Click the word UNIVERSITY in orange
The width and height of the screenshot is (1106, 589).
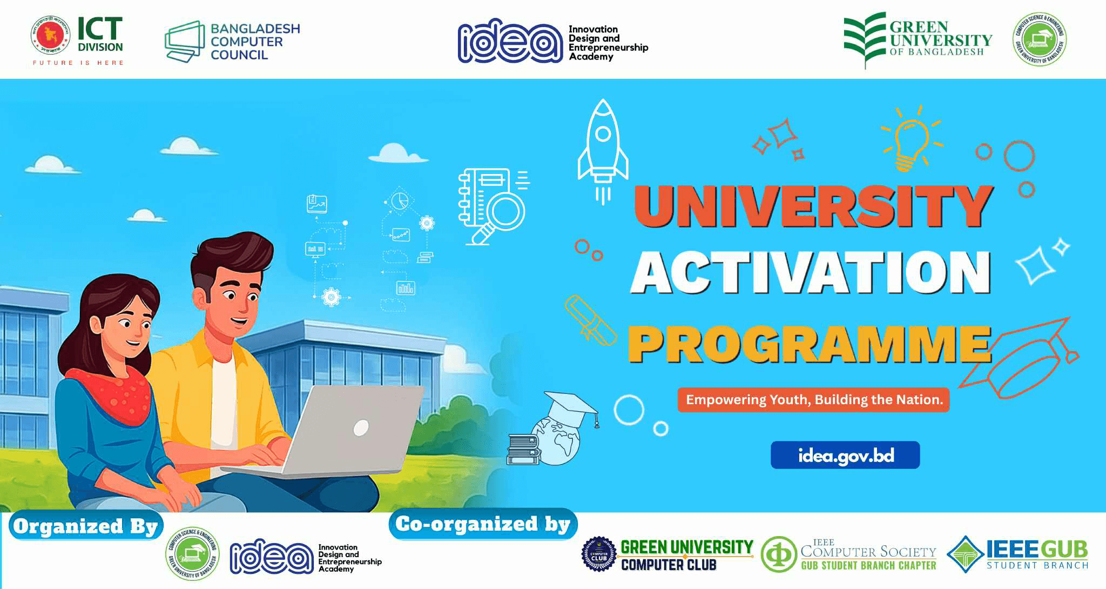click(x=813, y=206)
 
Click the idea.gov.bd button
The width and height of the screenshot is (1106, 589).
click(x=845, y=456)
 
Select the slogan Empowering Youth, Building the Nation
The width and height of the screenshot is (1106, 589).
click(x=813, y=400)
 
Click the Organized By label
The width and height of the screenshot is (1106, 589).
click(x=85, y=526)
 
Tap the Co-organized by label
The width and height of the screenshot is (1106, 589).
click(x=483, y=524)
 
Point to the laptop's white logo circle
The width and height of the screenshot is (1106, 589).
click(x=361, y=428)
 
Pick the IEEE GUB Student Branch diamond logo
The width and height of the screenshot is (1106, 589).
click(x=966, y=554)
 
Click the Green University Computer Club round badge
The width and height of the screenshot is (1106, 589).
click(x=598, y=554)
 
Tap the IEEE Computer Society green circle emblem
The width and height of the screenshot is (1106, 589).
click(x=779, y=554)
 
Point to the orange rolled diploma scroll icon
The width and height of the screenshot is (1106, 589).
click(x=590, y=320)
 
